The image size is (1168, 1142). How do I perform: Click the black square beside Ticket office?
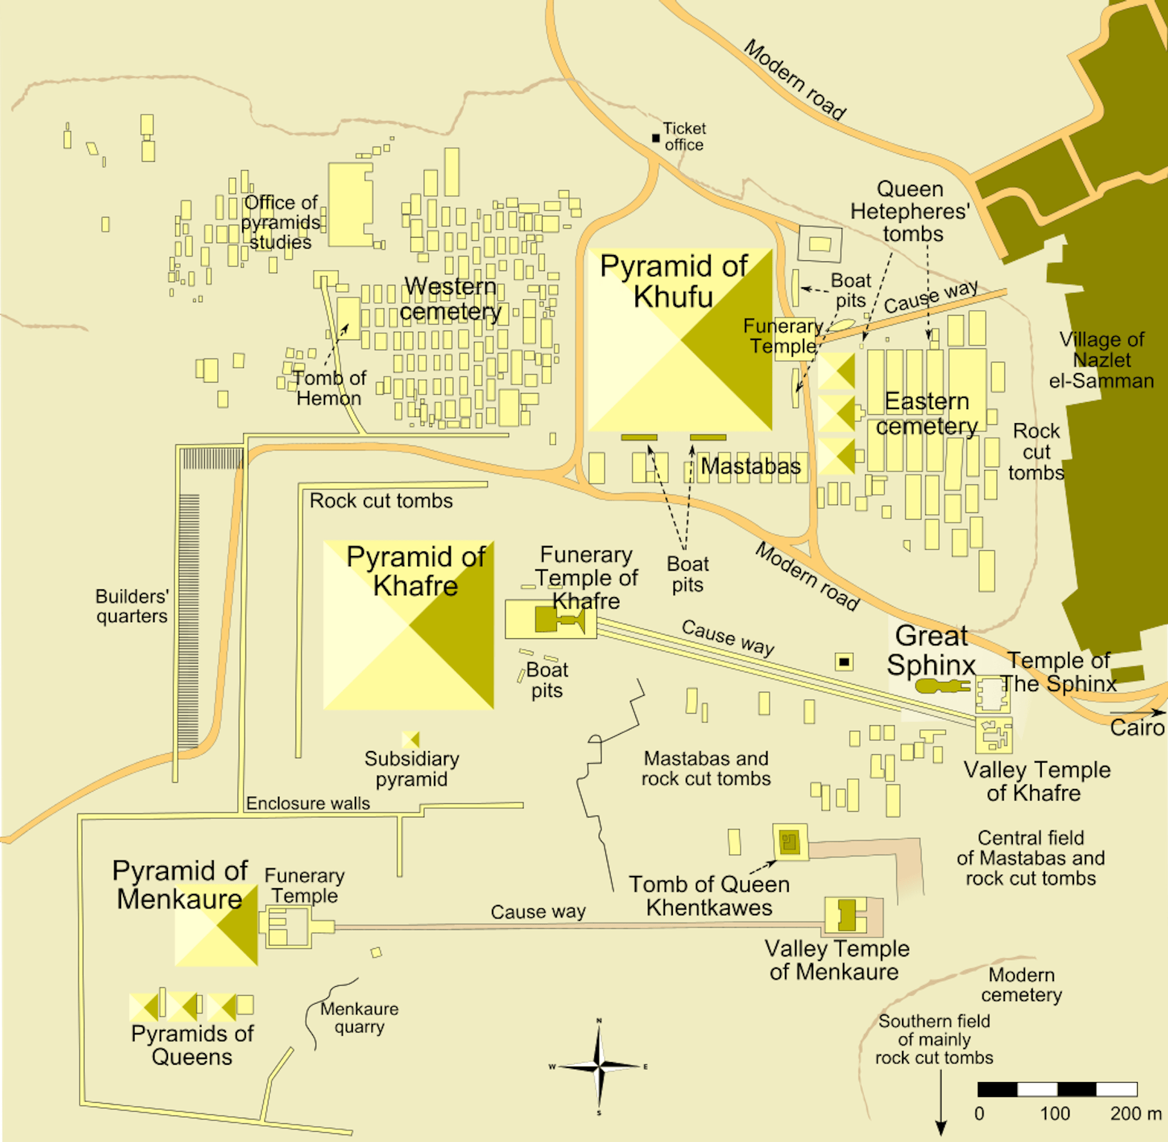coord(655,138)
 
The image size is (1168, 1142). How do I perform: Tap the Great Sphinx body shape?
coord(940,686)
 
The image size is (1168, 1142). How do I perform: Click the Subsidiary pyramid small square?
coord(410,739)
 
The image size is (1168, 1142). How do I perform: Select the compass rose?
coord(599,1067)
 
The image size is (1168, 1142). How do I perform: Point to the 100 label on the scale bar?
coord(1055,1114)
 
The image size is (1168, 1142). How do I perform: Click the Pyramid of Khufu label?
coord(673,281)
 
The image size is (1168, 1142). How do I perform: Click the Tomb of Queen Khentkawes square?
coord(790,842)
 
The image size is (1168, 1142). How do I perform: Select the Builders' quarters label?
coord(132,605)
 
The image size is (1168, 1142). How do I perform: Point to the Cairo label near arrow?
coord(1137,728)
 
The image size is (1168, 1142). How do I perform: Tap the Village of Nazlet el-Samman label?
coord(1102,360)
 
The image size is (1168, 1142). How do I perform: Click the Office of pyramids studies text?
coord(281,222)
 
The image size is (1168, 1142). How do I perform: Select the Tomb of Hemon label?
coord(329,388)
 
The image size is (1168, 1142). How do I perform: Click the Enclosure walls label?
coord(308,803)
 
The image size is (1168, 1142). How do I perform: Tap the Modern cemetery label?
coord(1022,984)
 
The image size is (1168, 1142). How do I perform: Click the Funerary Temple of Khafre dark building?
coord(558,620)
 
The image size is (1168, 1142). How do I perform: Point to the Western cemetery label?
coord(450,298)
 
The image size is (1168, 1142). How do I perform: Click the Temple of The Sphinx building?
coord(992,694)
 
